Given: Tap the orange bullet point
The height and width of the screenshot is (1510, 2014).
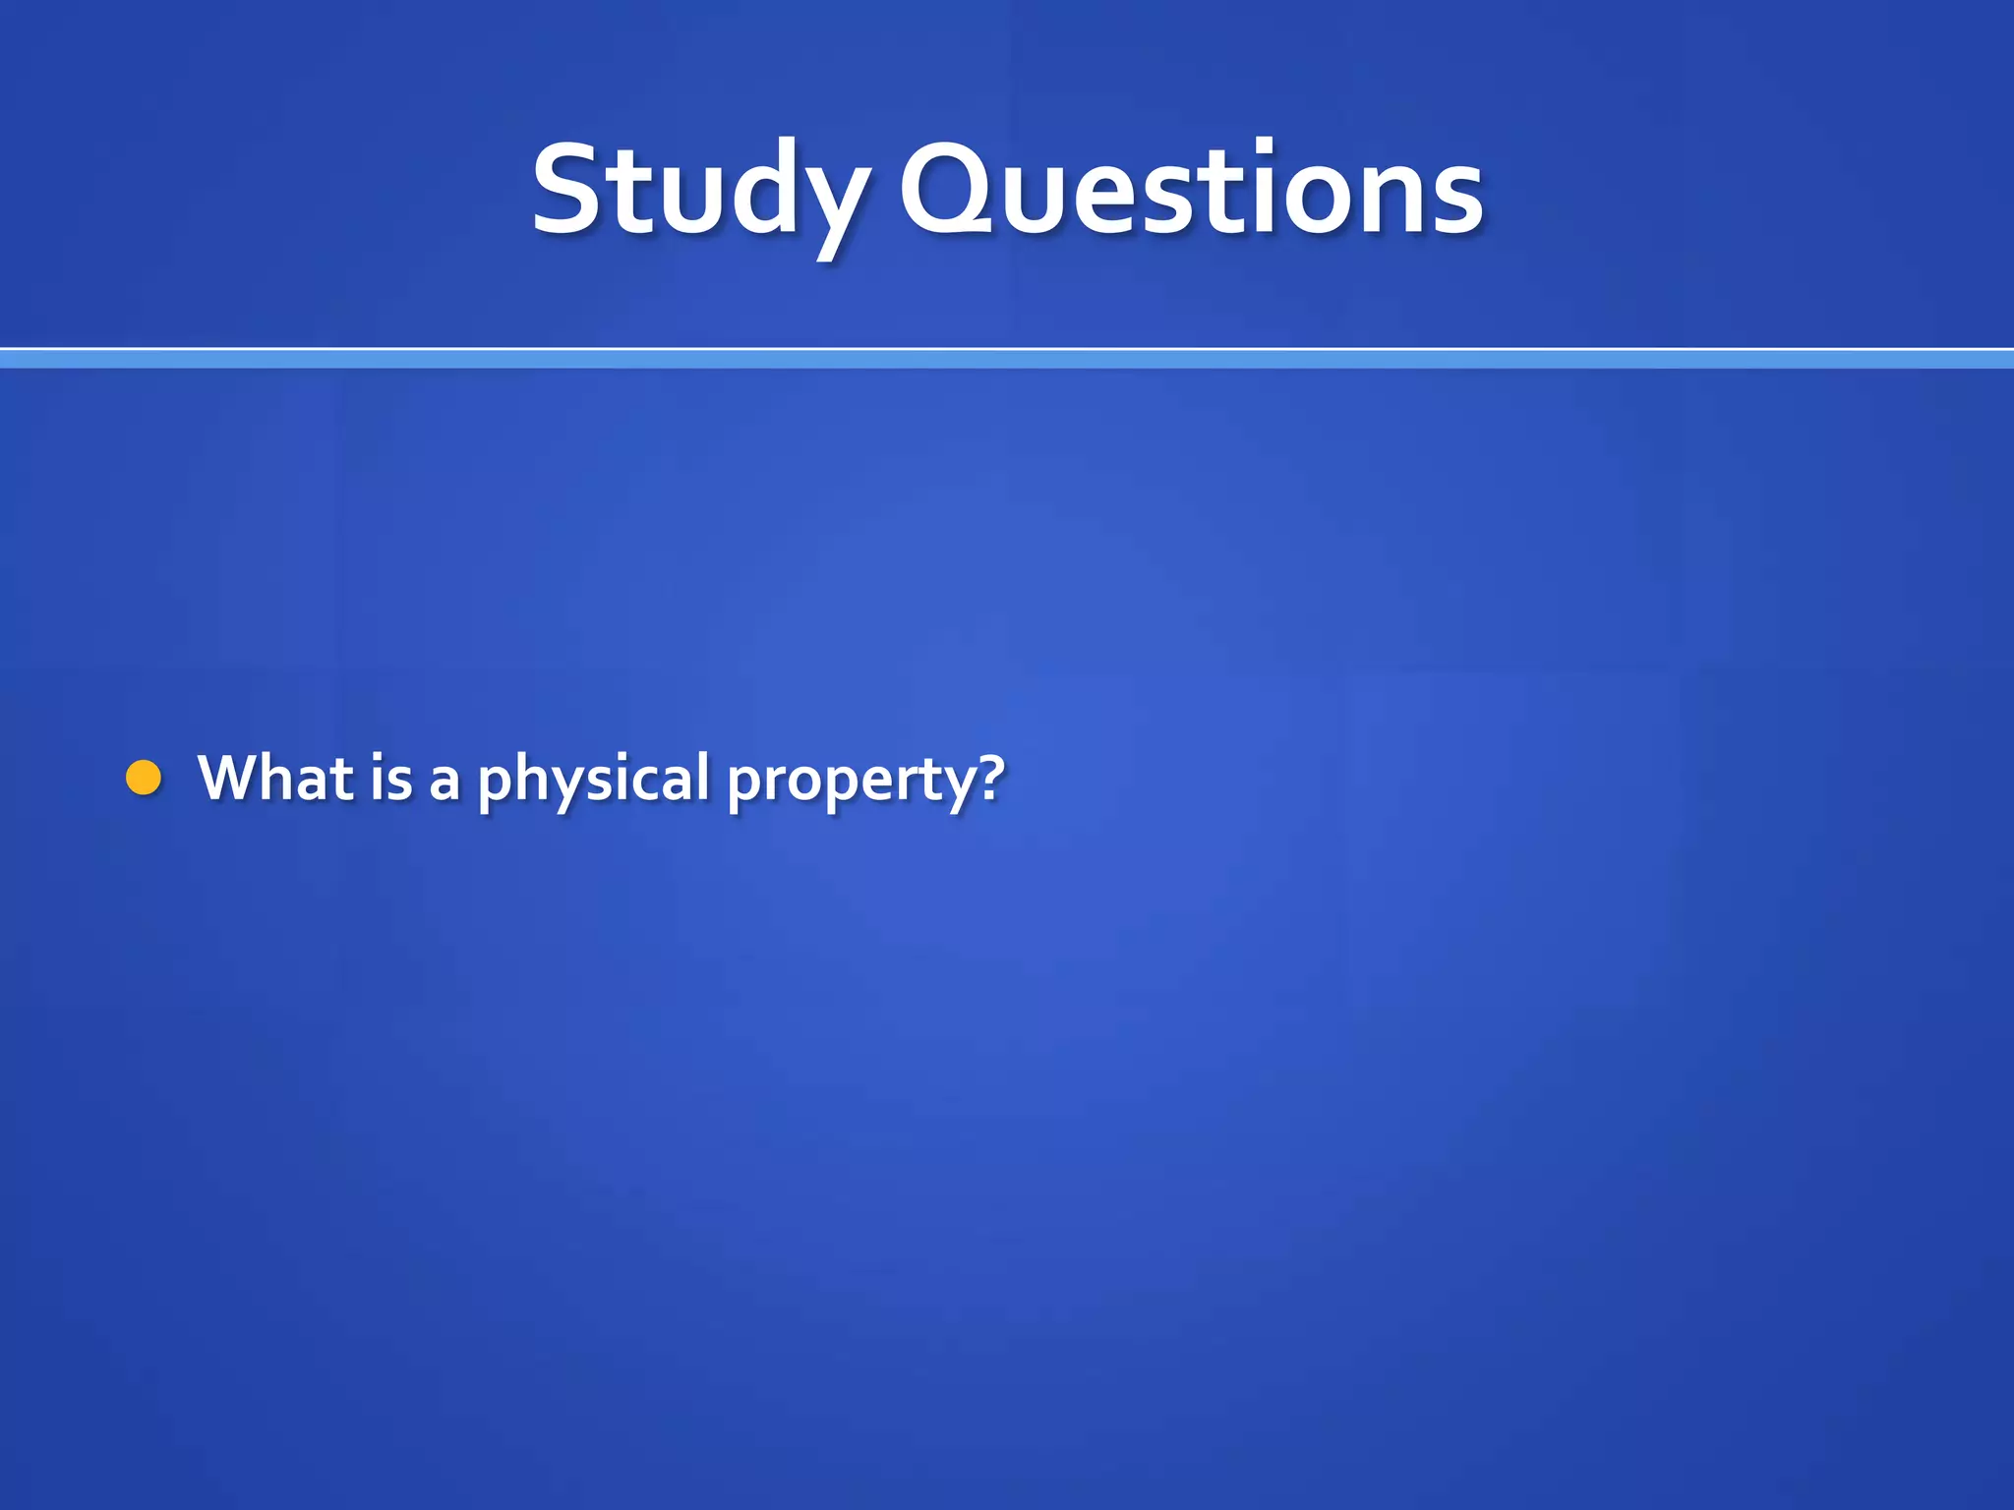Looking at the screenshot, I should (x=144, y=778).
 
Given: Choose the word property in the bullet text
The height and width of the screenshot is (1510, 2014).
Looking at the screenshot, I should (x=852, y=782).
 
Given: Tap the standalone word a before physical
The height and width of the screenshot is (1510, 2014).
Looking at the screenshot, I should (x=444, y=782).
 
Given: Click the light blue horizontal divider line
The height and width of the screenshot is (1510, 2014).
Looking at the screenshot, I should (x=1007, y=359).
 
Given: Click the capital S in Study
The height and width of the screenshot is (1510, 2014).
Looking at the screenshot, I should (x=566, y=190).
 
